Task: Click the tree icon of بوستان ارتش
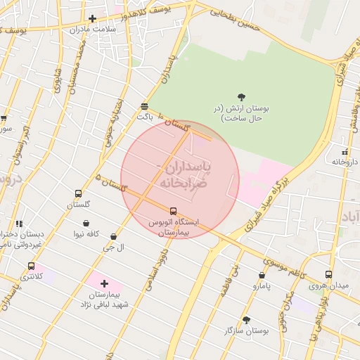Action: coord(242,97)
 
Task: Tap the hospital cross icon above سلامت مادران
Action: coord(92,18)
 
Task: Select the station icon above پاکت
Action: coord(144,106)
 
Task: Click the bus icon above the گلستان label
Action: coord(78,194)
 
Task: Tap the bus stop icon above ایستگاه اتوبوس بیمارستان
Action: coord(174,211)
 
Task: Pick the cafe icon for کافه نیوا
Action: coord(86,224)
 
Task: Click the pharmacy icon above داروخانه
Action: coord(345,152)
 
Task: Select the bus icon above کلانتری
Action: coord(31,266)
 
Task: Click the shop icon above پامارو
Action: coord(262,276)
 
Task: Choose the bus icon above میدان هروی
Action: coord(328,275)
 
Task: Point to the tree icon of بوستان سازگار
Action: coord(246,320)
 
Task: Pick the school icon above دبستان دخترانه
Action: coord(19,224)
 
